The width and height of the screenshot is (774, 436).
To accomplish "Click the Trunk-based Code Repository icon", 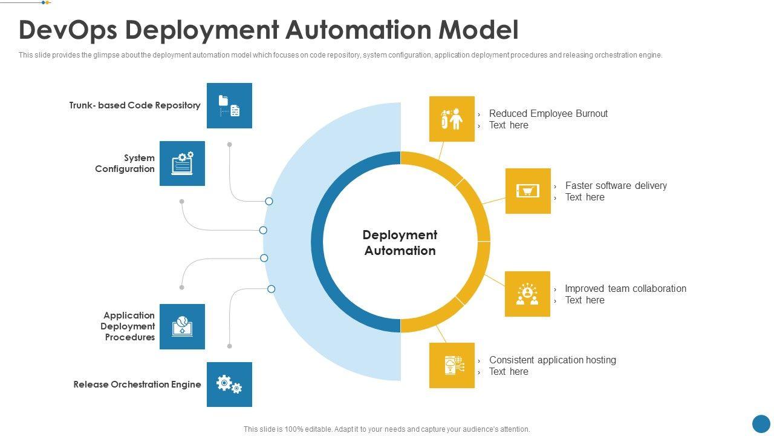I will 229,106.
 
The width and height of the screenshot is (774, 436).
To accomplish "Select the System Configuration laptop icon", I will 182,163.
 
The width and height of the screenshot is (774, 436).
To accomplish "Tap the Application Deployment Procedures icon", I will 182,326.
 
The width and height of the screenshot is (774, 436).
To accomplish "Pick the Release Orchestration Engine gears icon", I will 229,385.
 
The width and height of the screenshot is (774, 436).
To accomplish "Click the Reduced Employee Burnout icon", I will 452,119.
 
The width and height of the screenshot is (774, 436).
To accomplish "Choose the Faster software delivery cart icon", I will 528,191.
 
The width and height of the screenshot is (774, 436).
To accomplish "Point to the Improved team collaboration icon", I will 527,294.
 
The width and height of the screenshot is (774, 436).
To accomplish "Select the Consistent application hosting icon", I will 452,365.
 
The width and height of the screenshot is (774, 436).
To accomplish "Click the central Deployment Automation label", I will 400,243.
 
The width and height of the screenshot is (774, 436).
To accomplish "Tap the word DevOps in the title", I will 68,30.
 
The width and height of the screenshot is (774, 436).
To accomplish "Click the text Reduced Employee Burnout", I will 548,113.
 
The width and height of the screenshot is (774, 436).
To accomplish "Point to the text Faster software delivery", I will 616,185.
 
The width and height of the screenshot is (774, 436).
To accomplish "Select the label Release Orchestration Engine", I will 137,385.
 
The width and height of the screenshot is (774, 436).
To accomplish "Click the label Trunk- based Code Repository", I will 134,105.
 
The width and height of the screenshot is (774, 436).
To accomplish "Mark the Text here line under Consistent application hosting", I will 509,372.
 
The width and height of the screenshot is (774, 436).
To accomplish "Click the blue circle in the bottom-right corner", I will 761,424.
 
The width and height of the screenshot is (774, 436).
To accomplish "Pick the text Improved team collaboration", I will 625,288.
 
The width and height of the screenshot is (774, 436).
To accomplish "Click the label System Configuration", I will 125,163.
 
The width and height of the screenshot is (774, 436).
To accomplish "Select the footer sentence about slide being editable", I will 386,429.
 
